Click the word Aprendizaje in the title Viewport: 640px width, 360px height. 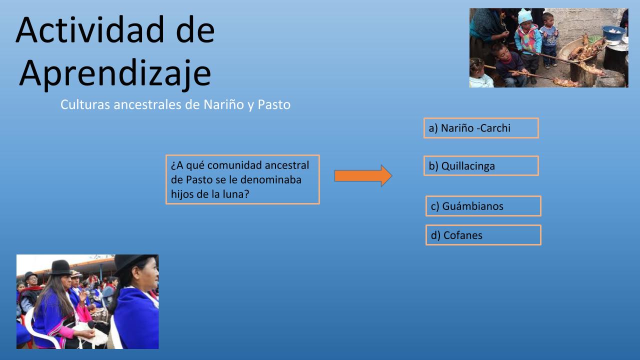pyautogui.click(x=115, y=73)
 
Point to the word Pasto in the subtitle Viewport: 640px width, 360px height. pyautogui.click(x=274, y=104)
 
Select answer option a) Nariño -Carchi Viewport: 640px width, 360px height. pyautogui.click(x=481, y=128)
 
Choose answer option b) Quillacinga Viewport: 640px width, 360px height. pyautogui.click(x=481, y=165)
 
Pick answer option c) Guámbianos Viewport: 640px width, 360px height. pyautogui.click(x=483, y=206)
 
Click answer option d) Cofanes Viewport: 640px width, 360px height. pyautogui.click(x=483, y=235)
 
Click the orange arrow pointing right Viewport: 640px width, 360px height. pyautogui.click(x=363, y=175)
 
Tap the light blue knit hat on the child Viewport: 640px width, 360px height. pyautogui.click(x=525, y=16)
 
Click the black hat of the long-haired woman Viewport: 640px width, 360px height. pyautogui.click(x=60, y=267)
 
